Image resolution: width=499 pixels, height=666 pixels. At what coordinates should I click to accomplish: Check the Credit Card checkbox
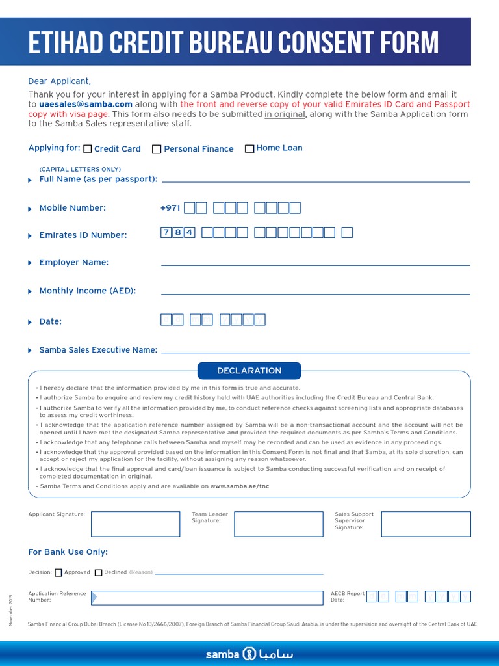coord(88,149)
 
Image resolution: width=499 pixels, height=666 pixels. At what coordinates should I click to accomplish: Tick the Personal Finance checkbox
coord(157,149)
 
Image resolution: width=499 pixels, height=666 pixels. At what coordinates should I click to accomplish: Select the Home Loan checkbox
coord(249,148)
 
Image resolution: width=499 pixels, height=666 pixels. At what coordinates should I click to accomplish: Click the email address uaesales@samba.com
coord(86,104)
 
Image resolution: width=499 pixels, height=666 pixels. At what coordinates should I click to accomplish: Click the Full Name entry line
coord(315,180)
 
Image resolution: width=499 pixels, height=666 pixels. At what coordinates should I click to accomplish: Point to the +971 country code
coord(170,208)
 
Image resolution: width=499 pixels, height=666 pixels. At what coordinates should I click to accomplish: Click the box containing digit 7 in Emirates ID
coord(166,233)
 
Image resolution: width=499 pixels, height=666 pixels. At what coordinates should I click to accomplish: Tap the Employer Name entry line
coord(315,264)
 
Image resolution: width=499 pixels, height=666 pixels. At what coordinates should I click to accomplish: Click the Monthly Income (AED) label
coord(87,291)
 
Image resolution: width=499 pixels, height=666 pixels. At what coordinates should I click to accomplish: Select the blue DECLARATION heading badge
coord(249,371)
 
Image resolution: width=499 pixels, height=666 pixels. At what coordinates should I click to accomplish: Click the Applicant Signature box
coord(135,524)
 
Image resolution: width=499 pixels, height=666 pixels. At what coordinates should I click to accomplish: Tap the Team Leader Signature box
coord(278,524)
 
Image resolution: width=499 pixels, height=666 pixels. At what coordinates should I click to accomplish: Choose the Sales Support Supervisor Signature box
coord(426,524)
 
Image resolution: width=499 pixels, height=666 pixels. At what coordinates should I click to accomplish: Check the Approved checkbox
coord(58,573)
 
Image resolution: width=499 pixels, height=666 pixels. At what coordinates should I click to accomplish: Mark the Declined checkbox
coord(99,573)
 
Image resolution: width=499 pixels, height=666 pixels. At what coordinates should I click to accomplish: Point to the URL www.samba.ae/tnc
coord(239,486)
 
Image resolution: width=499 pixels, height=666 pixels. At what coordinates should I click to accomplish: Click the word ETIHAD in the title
coord(70,43)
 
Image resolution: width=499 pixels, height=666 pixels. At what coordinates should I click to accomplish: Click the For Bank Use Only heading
coord(68,552)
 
